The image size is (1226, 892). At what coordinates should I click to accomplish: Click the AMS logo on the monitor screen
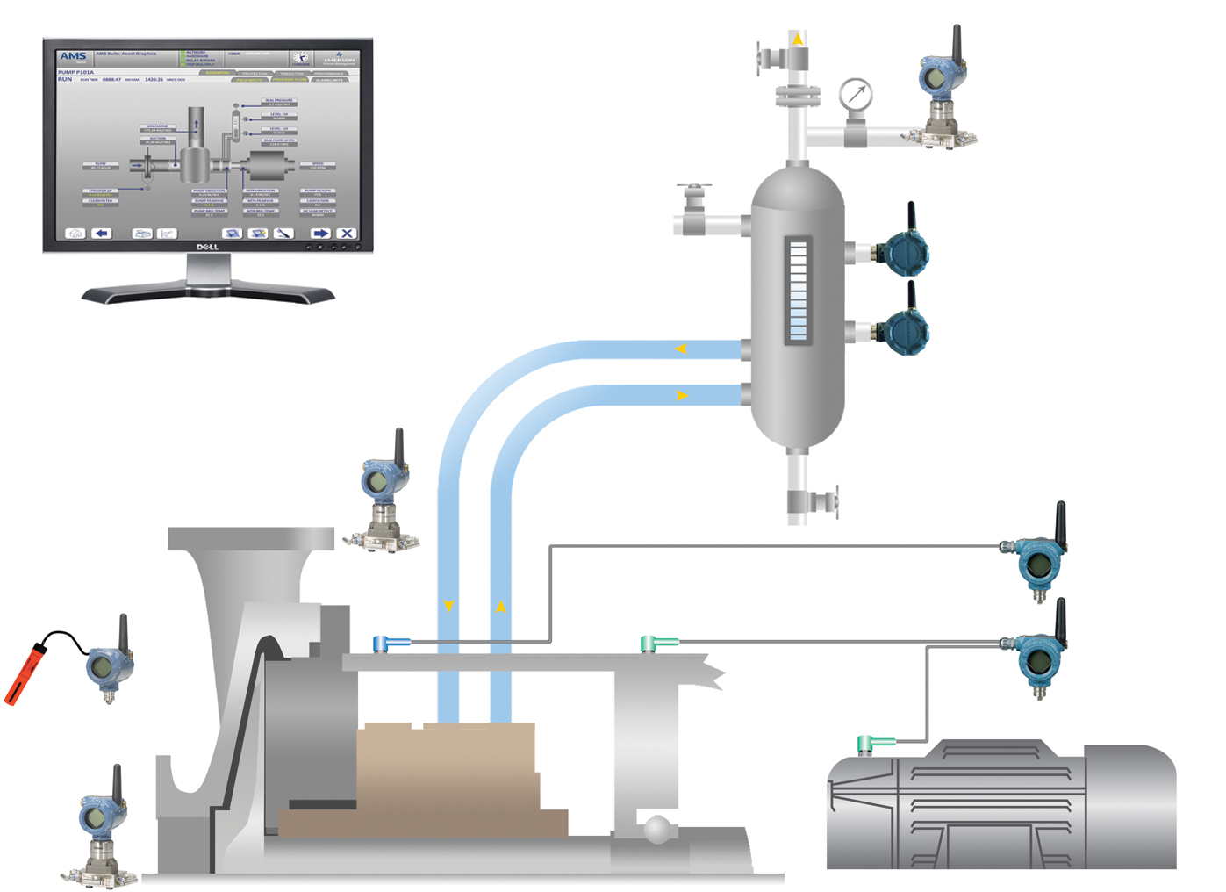point(73,56)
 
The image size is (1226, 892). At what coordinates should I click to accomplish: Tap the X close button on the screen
point(347,233)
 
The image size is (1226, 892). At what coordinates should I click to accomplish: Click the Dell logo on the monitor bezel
point(207,247)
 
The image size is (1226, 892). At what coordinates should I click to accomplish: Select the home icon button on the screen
point(75,233)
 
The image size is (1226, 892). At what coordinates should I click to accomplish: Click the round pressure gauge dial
point(855,94)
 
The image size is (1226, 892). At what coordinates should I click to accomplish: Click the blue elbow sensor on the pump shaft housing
point(384,644)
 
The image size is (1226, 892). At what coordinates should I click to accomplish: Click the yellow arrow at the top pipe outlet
point(797,40)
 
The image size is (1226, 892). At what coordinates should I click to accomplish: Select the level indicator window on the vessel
point(798,291)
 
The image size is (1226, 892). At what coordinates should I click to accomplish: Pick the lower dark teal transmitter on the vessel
point(904,330)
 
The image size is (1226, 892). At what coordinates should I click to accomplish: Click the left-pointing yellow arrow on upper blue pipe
point(680,349)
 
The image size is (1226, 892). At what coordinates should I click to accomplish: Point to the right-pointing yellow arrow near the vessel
point(681,396)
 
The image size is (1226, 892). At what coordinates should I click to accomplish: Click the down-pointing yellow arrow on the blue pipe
point(448,606)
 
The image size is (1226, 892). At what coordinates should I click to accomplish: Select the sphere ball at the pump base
point(656,828)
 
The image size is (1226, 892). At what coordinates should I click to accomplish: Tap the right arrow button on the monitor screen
point(320,233)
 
